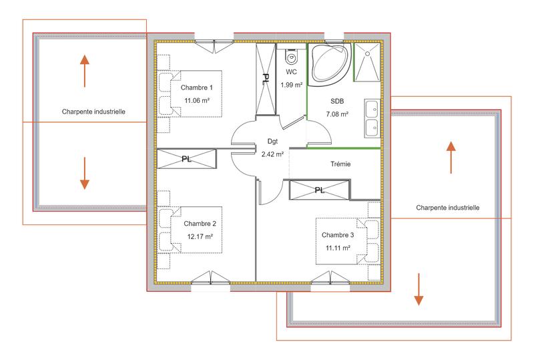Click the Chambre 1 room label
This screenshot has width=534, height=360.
point(197,88)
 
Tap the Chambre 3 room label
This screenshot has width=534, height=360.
point(338,235)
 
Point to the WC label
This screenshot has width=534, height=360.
point(291,71)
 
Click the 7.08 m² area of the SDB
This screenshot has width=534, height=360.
point(337,115)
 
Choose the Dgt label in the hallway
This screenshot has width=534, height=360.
point(272,142)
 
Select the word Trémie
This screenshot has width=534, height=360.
point(340,164)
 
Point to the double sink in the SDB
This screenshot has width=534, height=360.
point(372,117)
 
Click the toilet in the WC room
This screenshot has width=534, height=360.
point(291,55)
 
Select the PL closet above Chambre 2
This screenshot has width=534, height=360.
point(187,160)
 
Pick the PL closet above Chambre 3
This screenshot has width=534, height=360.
point(319,190)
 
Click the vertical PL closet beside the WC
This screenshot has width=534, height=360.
point(265,79)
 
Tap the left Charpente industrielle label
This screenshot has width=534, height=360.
point(93,112)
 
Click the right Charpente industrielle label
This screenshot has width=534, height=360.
point(447,208)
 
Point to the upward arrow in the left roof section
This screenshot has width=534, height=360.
point(84,71)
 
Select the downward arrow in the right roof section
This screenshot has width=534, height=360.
point(419,289)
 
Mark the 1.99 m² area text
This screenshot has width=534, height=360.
point(291,85)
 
